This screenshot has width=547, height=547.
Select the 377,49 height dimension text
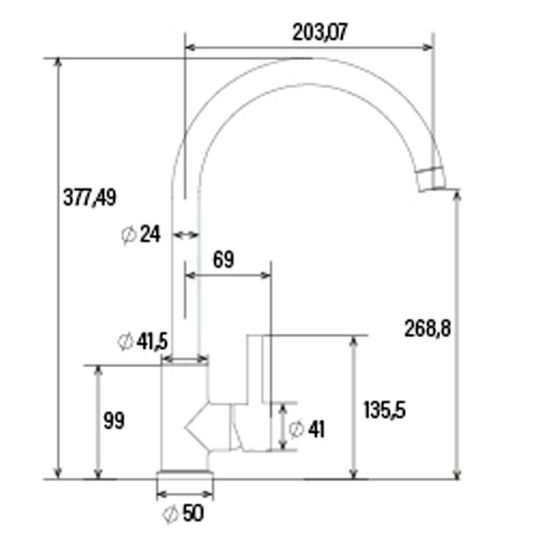tap(90, 198)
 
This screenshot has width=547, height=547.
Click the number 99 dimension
tap(114, 421)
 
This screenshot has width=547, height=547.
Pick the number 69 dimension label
tap(224, 260)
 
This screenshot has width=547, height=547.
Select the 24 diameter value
tap(149, 235)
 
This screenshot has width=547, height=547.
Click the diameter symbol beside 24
tap(128, 235)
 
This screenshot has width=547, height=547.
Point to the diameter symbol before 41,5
tap(125, 342)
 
